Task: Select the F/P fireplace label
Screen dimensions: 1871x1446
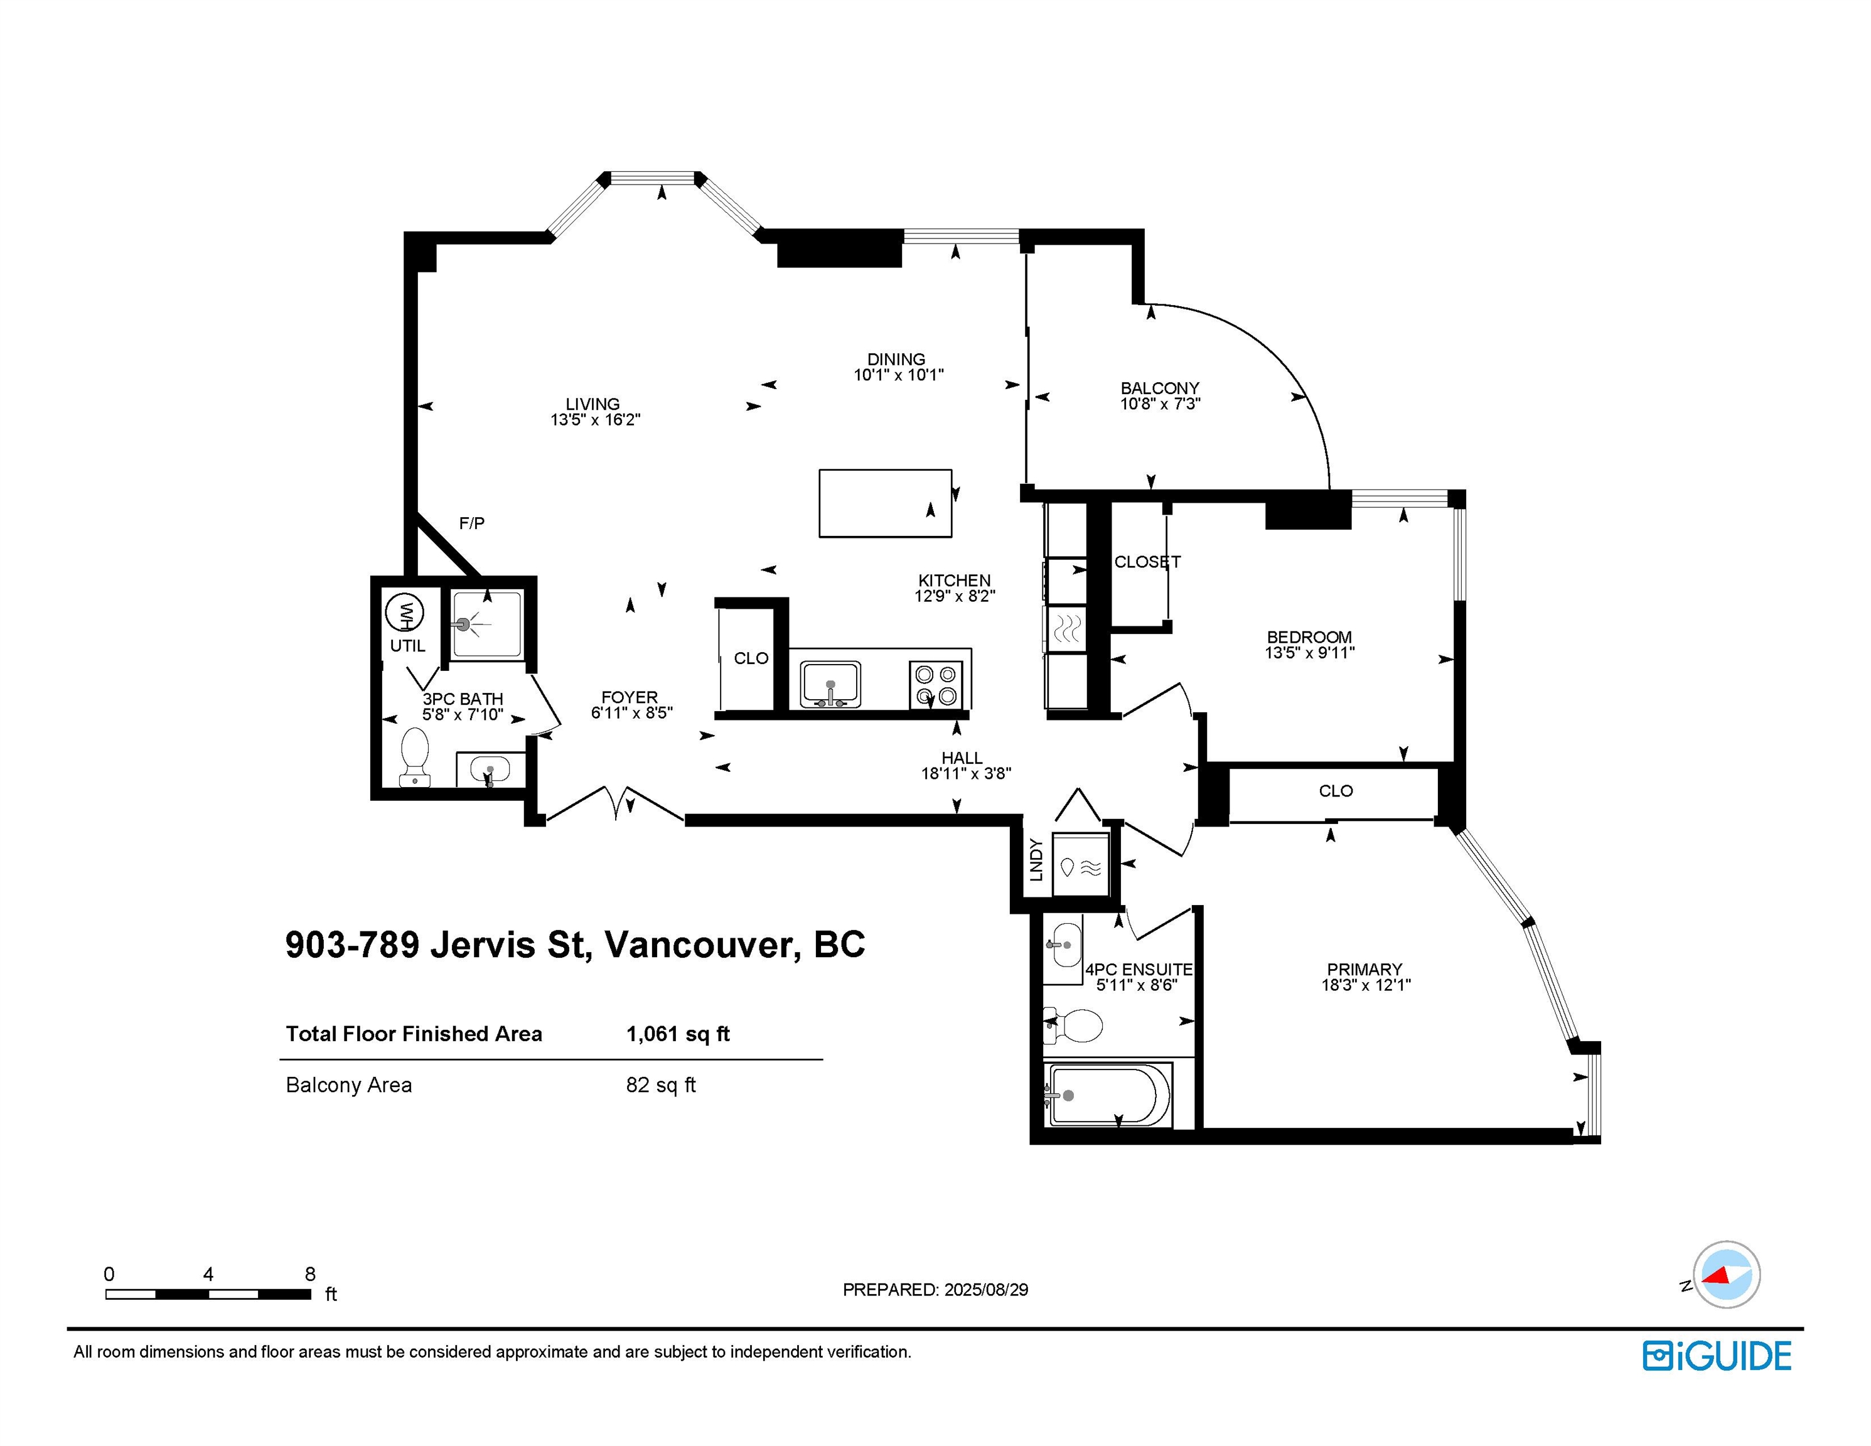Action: point(472,523)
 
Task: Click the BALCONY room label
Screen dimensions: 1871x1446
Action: point(1160,388)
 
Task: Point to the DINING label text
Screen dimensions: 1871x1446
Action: point(896,359)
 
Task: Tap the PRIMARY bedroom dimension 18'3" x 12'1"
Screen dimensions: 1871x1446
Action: point(1366,985)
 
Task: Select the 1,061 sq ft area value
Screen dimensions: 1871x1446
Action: point(678,1034)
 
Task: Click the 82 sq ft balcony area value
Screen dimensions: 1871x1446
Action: point(660,1085)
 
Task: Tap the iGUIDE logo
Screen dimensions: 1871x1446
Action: point(1716,1356)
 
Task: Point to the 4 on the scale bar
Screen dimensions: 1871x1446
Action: point(208,1274)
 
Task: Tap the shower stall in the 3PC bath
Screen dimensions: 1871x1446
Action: point(488,624)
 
